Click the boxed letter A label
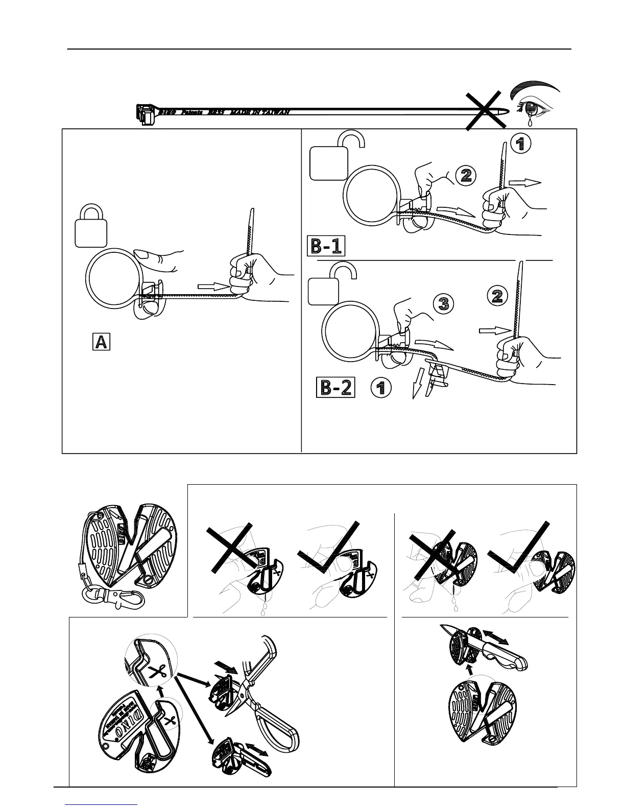pos(101,341)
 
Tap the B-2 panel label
pos(336,388)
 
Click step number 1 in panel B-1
pos(520,144)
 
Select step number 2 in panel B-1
pos(466,176)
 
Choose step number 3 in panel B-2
pos(444,304)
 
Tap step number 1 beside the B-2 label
pos(380,389)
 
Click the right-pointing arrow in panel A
pos(212,287)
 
